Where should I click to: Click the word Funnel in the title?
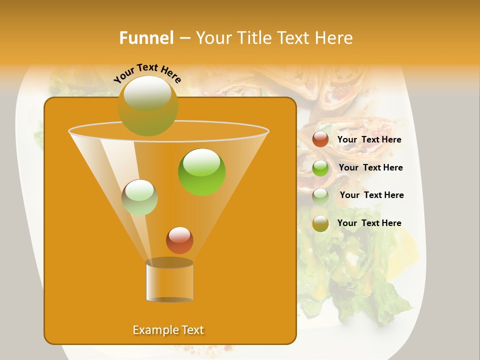146,38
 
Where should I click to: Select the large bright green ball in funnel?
201,172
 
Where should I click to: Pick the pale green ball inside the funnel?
139,197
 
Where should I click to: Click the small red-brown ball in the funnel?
179,240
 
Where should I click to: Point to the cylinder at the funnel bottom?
169,281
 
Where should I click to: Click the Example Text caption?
168,330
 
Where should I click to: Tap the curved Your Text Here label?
147,73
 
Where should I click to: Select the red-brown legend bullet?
320,139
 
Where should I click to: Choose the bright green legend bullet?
320,168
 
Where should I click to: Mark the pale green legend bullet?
320,196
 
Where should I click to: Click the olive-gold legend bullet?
320,223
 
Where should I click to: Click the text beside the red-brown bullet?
369,140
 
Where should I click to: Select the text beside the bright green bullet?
370,168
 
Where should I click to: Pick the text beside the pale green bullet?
371,195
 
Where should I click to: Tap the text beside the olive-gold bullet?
369,223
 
